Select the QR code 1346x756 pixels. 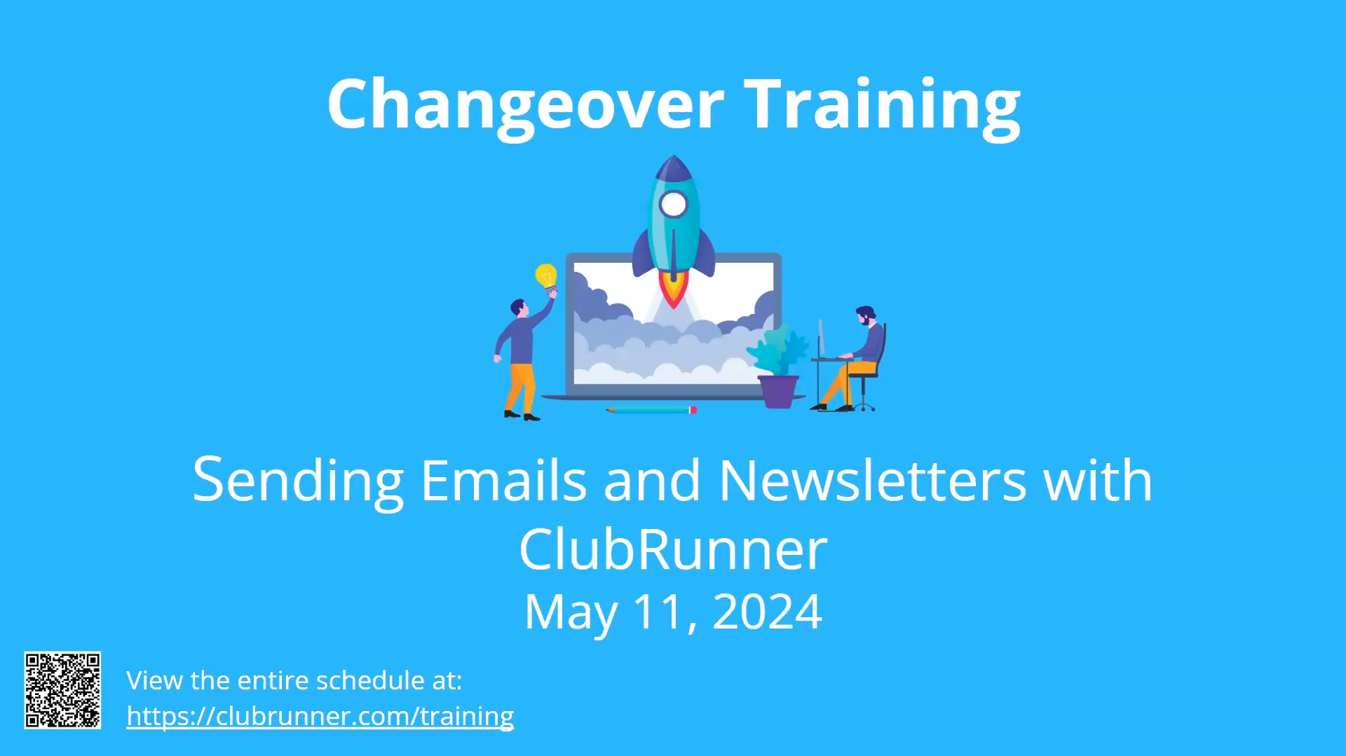(62, 691)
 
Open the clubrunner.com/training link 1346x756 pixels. (320, 717)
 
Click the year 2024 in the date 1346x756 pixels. (767, 612)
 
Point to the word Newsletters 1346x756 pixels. (873, 481)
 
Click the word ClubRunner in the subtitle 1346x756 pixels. (673, 550)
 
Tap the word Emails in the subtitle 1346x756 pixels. (503, 481)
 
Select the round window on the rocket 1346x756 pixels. (674, 205)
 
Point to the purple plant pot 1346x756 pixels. (778, 392)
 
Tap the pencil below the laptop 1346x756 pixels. (651, 410)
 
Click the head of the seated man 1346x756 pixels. (865, 315)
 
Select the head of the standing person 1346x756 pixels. (518, 308)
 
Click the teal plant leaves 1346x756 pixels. (778, 350)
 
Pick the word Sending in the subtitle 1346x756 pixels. (298, 481)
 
